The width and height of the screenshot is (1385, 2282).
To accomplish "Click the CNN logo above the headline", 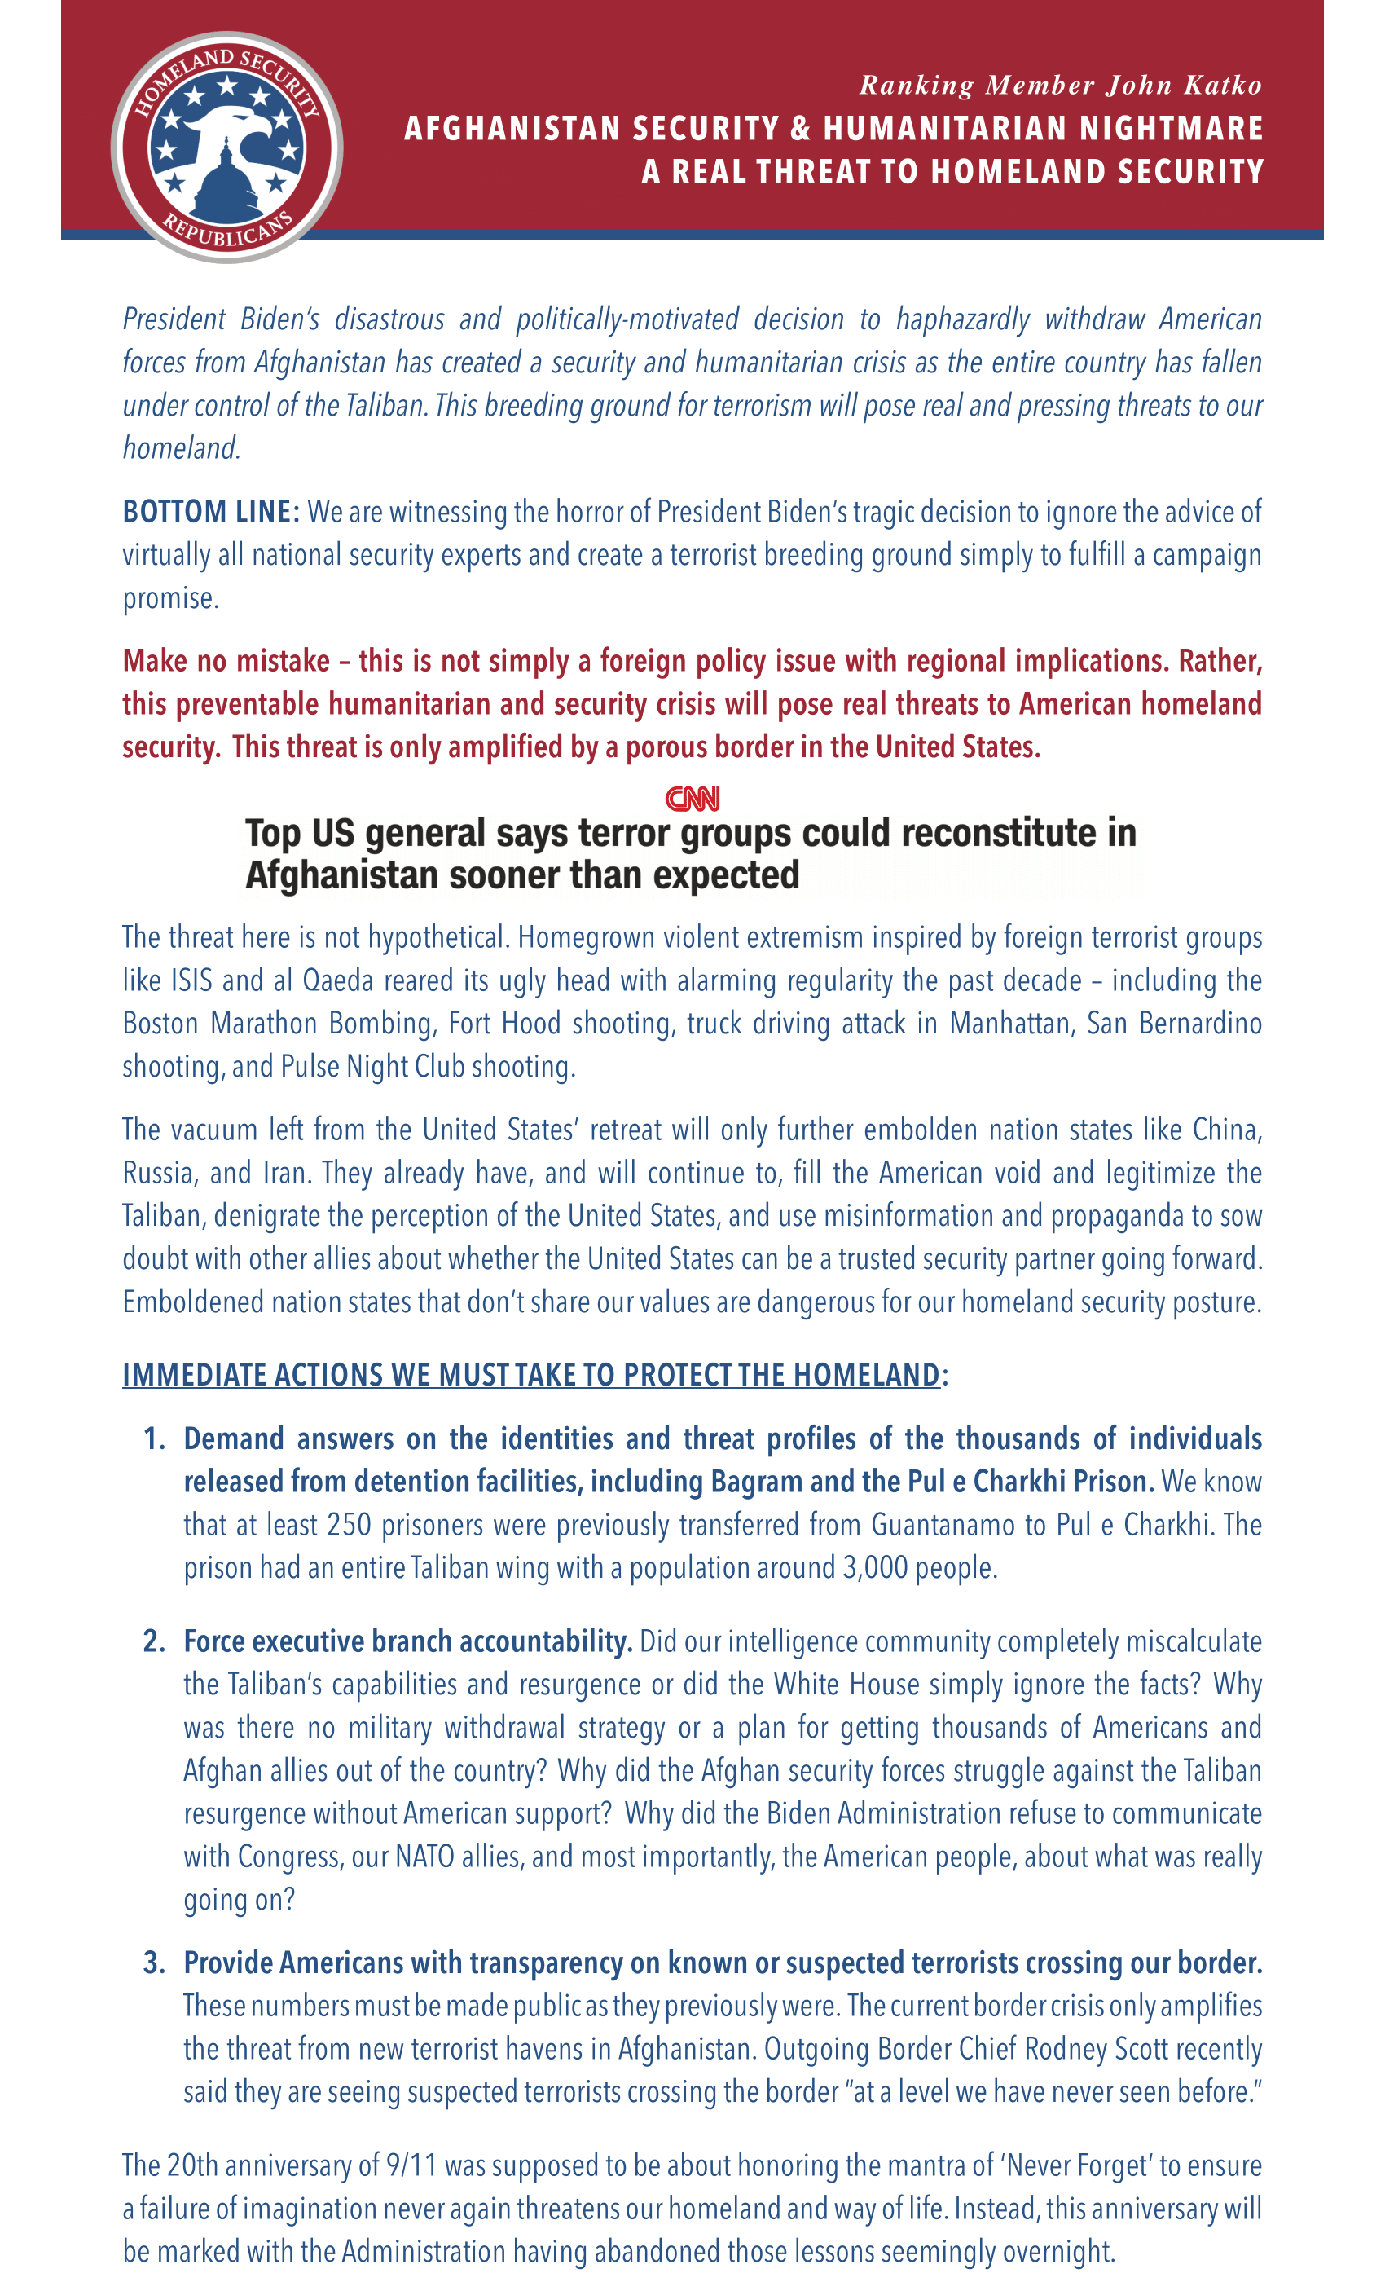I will tap(692, 799).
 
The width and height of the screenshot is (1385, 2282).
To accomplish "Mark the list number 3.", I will tap(154, 1963).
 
